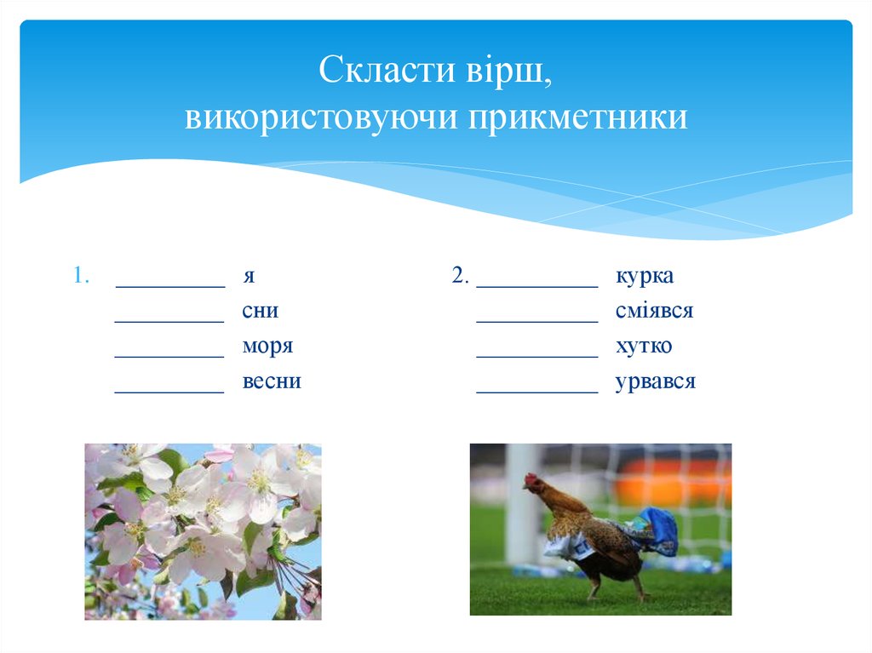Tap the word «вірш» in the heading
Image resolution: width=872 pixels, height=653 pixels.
(x=508, y=71)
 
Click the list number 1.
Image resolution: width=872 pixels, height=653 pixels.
(x=80, y=276)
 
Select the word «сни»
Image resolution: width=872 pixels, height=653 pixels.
(x=260, y=312)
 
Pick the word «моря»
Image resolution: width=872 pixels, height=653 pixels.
(x=267, y=347)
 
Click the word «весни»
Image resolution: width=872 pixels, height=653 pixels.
(x=272, y=381)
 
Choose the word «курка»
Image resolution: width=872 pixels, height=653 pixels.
(x=645, y=276)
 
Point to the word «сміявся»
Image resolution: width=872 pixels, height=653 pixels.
(x=654, y=311)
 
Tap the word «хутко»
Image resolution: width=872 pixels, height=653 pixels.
(x=644, y=347)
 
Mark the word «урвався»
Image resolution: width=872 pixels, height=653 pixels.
(x=656, y=381)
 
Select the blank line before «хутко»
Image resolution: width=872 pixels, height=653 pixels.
(x=536, y=357)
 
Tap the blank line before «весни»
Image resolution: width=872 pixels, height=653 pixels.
(x=169, y=392)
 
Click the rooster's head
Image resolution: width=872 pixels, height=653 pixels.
(x=533, y=483)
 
